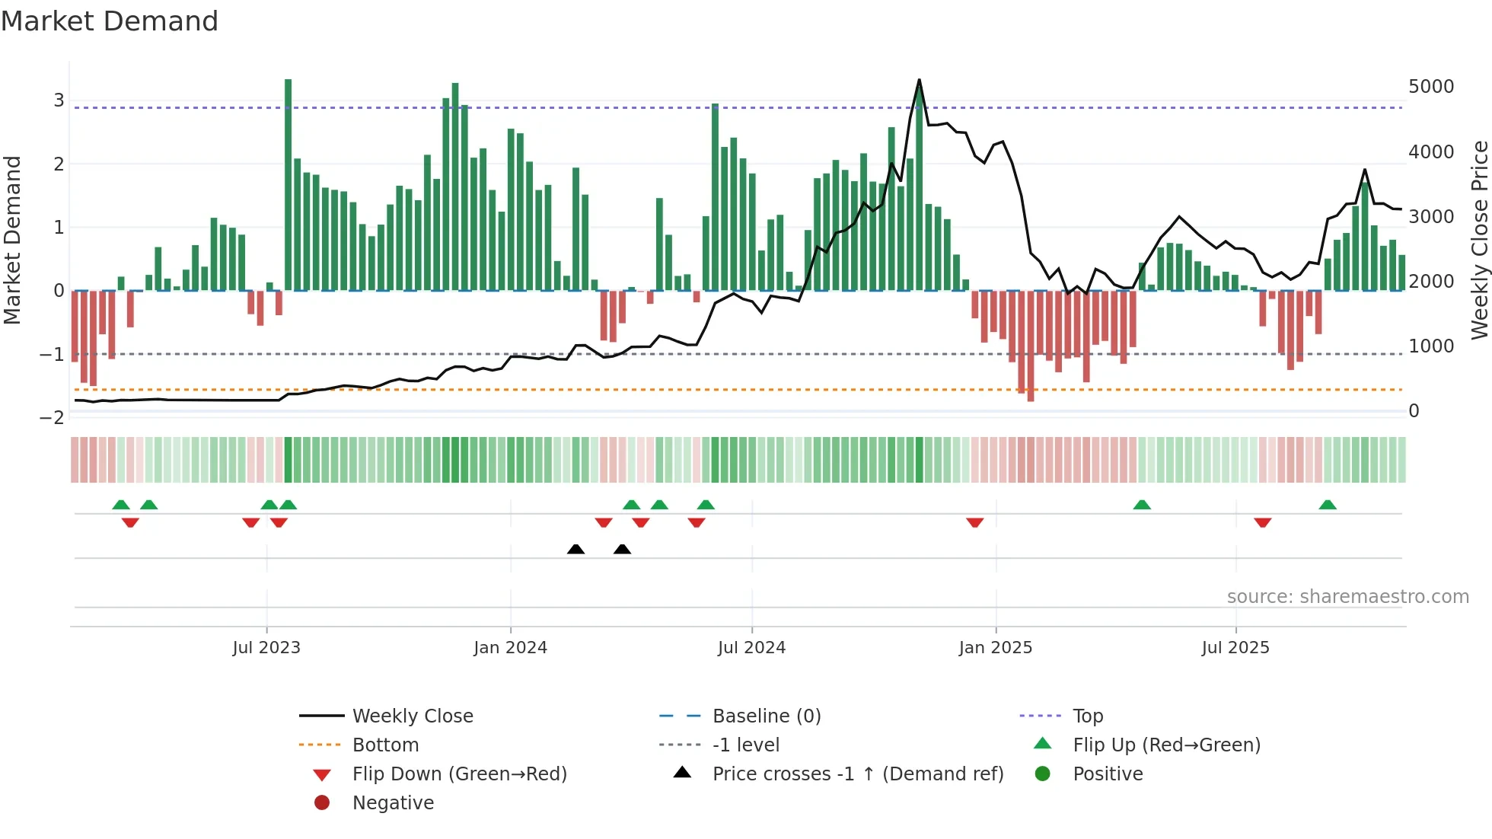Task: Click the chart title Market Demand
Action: [110, 21]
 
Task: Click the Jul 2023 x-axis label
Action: [266, 648]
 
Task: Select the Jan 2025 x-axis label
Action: [995, 648]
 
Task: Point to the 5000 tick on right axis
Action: [1430, 87]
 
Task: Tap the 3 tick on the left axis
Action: [59, 100]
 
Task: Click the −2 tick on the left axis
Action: [53, 418]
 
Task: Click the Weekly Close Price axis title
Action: [1478, 240]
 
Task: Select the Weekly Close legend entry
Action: [412, 716]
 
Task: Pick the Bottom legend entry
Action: [385, 745]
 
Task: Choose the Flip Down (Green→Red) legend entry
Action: [459, 774]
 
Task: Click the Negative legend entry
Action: [393, 803]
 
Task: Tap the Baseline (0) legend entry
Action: [766, 716]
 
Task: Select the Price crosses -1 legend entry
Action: [857, 774]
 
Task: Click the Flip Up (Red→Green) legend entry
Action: [1166, 745]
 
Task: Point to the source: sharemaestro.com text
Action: [1347, 597]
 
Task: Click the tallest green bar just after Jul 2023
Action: [289, 183]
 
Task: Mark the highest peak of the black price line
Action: [919, 80]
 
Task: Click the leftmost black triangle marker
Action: [576, 549]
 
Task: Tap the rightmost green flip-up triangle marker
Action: [1328, 505]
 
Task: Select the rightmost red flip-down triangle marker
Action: [1263, 522]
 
